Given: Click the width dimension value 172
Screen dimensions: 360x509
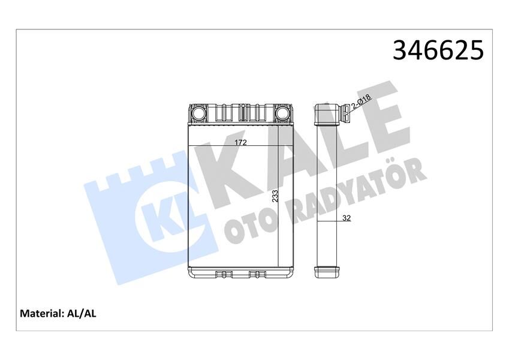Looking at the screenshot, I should [240, 142].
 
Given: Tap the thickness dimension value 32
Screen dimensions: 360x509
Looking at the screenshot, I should [346, 218].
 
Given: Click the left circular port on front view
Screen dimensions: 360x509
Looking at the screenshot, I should [198, 113].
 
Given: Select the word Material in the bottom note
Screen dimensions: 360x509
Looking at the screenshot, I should [41, 313].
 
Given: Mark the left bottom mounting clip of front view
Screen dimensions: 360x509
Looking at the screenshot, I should [223, 275].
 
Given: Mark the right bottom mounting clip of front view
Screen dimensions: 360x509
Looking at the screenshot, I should [257, 275].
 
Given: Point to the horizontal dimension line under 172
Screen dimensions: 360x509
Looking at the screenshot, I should [240, 146].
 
